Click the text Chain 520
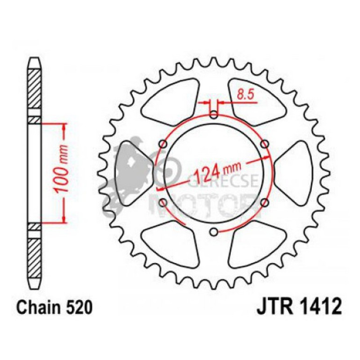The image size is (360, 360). (x=51, y=308)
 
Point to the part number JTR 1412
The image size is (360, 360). (x=299, y=308)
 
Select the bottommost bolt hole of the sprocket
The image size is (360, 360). (x=214, y=231)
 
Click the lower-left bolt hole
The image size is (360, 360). (x=163, y=202)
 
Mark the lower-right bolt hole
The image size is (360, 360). (x=265, y=202)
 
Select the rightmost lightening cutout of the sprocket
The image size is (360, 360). (x=295, y=173)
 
